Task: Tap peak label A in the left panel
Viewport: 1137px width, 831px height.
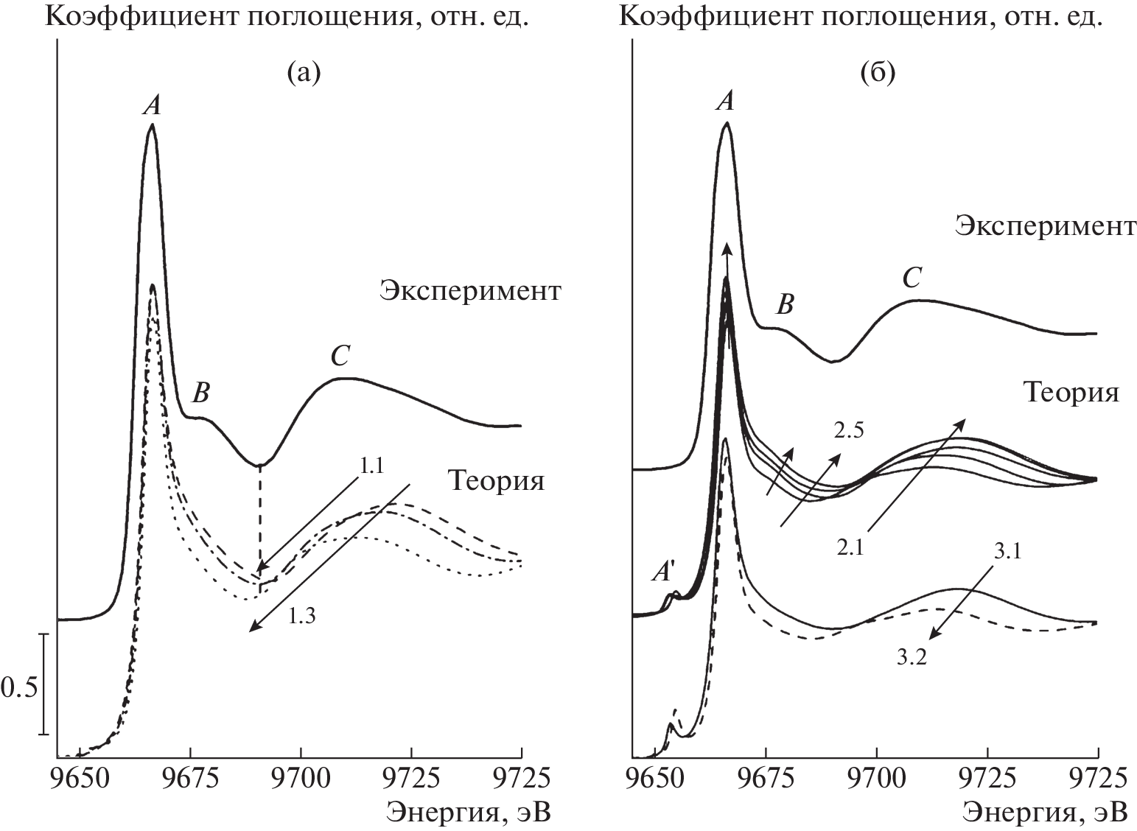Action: coord(152,106)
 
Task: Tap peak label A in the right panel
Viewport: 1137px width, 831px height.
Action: coord(726,103)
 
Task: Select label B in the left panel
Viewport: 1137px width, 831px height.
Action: coord(200,393)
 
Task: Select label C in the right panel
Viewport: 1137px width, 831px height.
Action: coord(913,278)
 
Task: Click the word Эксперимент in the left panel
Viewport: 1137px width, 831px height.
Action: coord(469,291)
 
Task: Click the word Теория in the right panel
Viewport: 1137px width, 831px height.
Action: coord(1070,392)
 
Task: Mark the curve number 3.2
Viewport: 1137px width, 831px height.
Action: coord(912,658)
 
